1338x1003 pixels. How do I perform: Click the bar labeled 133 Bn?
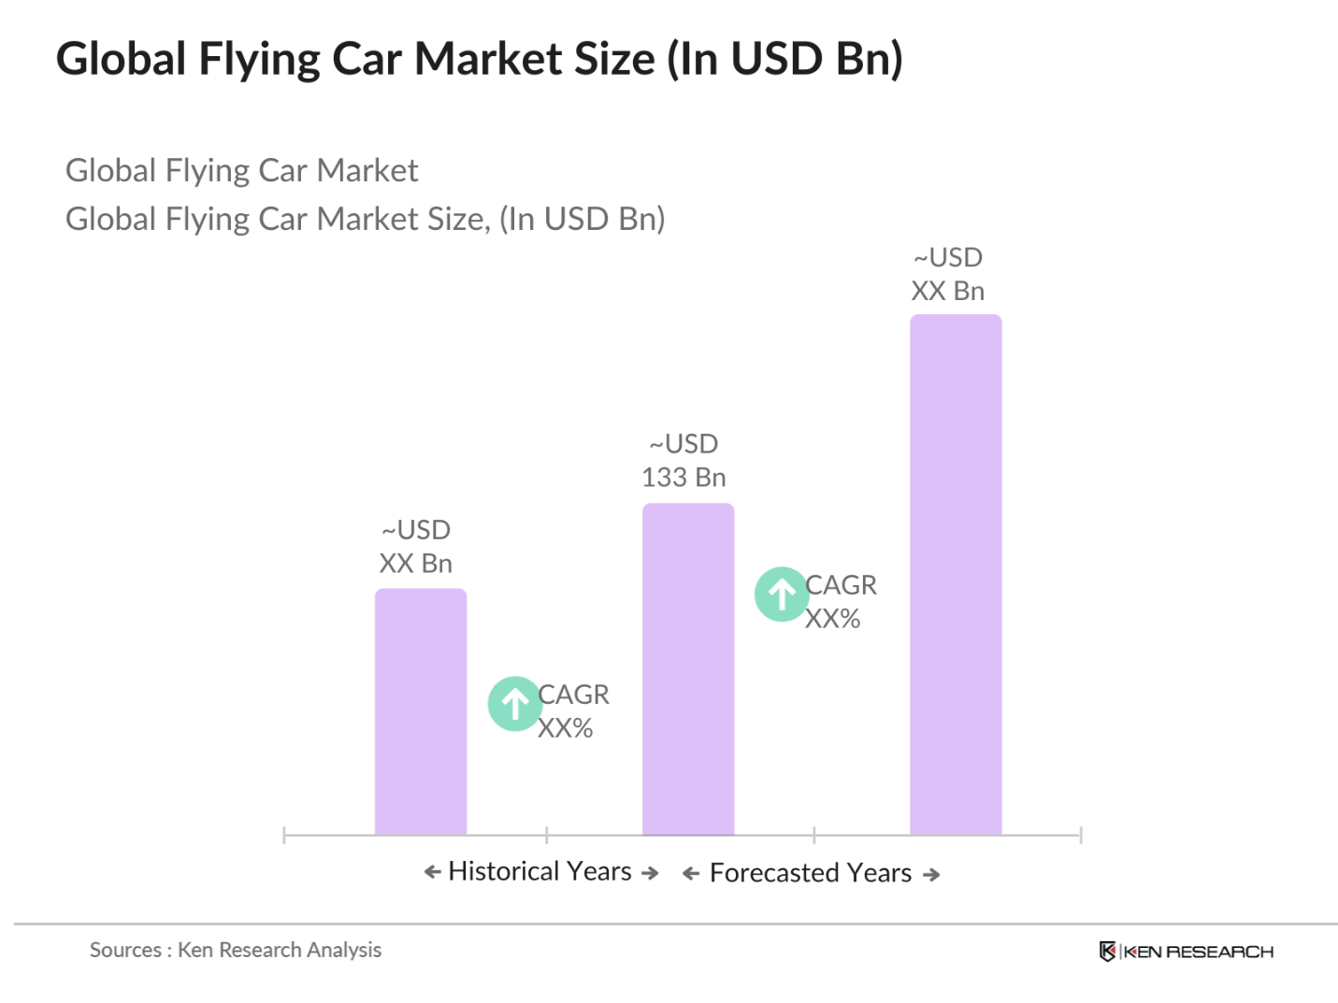pos(687,668)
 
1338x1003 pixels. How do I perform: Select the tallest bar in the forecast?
pos(955,574)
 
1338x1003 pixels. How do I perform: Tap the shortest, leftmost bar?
pos(420,710)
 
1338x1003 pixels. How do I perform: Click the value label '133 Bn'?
pos(683,478)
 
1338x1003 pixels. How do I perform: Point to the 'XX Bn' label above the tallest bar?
pos(947,292)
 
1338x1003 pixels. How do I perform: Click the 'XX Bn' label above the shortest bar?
pos(415,564)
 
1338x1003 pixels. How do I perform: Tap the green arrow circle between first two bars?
pos(514,703)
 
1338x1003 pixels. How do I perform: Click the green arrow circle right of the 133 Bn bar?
pos(782,594)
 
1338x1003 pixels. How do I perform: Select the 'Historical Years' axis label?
pos(540,871)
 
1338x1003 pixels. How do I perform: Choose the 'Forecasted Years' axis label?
pos(810,873)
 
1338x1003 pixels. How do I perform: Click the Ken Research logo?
pos(1186,952)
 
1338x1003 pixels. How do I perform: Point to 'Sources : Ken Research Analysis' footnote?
pos(236,950)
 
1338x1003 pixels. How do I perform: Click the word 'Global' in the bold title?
pos(122,59)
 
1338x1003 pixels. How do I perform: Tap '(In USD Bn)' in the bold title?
pos(784,59)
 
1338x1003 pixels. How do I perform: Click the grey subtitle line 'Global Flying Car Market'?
pos(241,170)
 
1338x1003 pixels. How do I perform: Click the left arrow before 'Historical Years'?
pos(432,872)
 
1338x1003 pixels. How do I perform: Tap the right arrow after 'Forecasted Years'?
pos(931,875)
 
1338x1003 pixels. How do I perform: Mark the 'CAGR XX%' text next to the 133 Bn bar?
pos(840,601)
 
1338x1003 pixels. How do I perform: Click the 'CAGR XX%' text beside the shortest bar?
pos(572,710)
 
